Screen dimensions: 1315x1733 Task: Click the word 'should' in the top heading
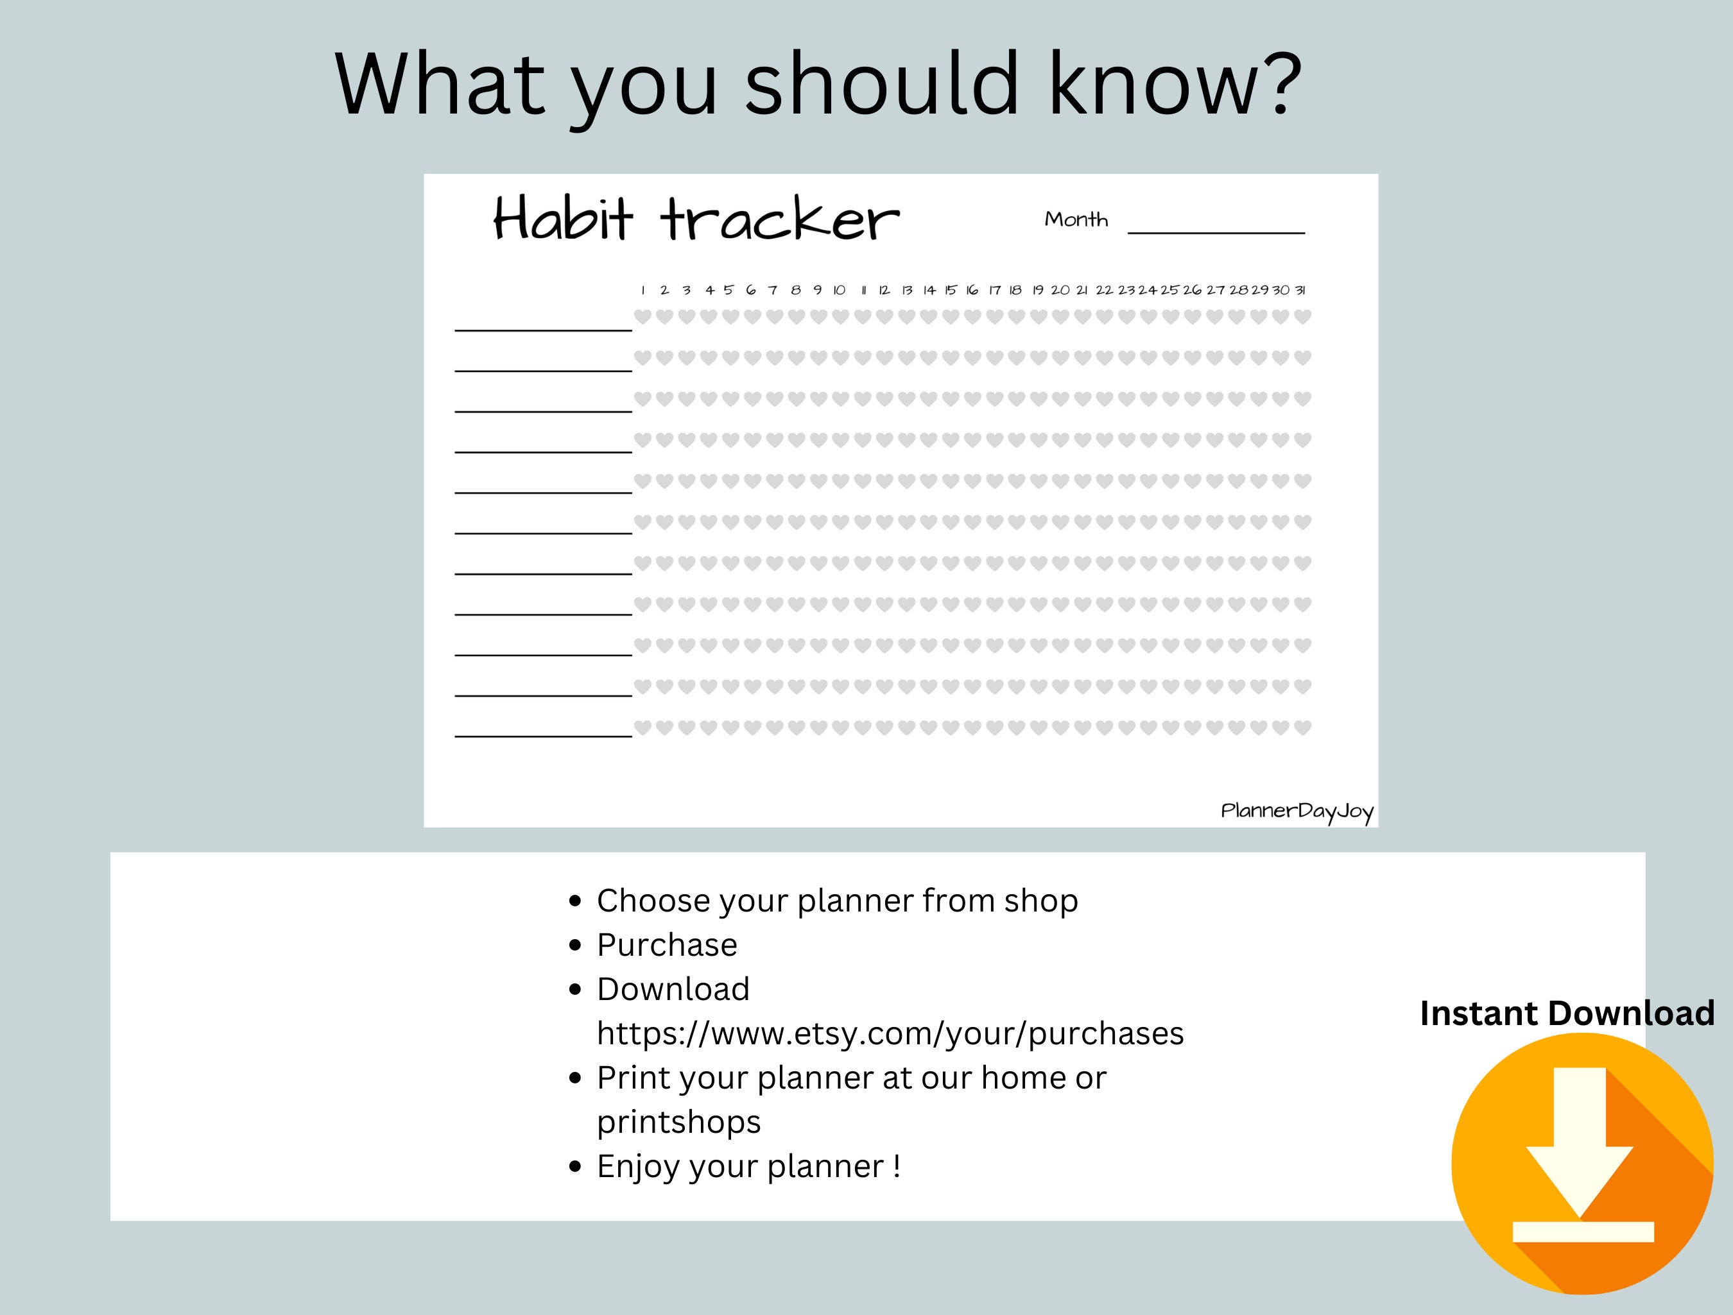881,83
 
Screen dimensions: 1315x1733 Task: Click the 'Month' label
1076,219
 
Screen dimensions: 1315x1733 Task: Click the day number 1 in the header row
642,291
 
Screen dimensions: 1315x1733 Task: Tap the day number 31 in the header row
1300,291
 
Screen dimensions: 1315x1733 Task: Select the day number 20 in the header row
1060,291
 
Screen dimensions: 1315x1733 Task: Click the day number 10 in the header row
839,291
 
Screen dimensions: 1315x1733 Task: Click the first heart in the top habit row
642,316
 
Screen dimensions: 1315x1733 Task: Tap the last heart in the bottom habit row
1302,727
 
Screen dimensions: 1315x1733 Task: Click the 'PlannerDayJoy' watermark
1297,811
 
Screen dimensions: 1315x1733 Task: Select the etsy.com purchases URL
890,1033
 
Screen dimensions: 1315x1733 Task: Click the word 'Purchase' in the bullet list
667,944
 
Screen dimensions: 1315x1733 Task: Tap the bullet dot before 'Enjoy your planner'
576,1167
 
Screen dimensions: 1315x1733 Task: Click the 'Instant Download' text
1567,1013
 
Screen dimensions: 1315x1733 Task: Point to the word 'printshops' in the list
678,1121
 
